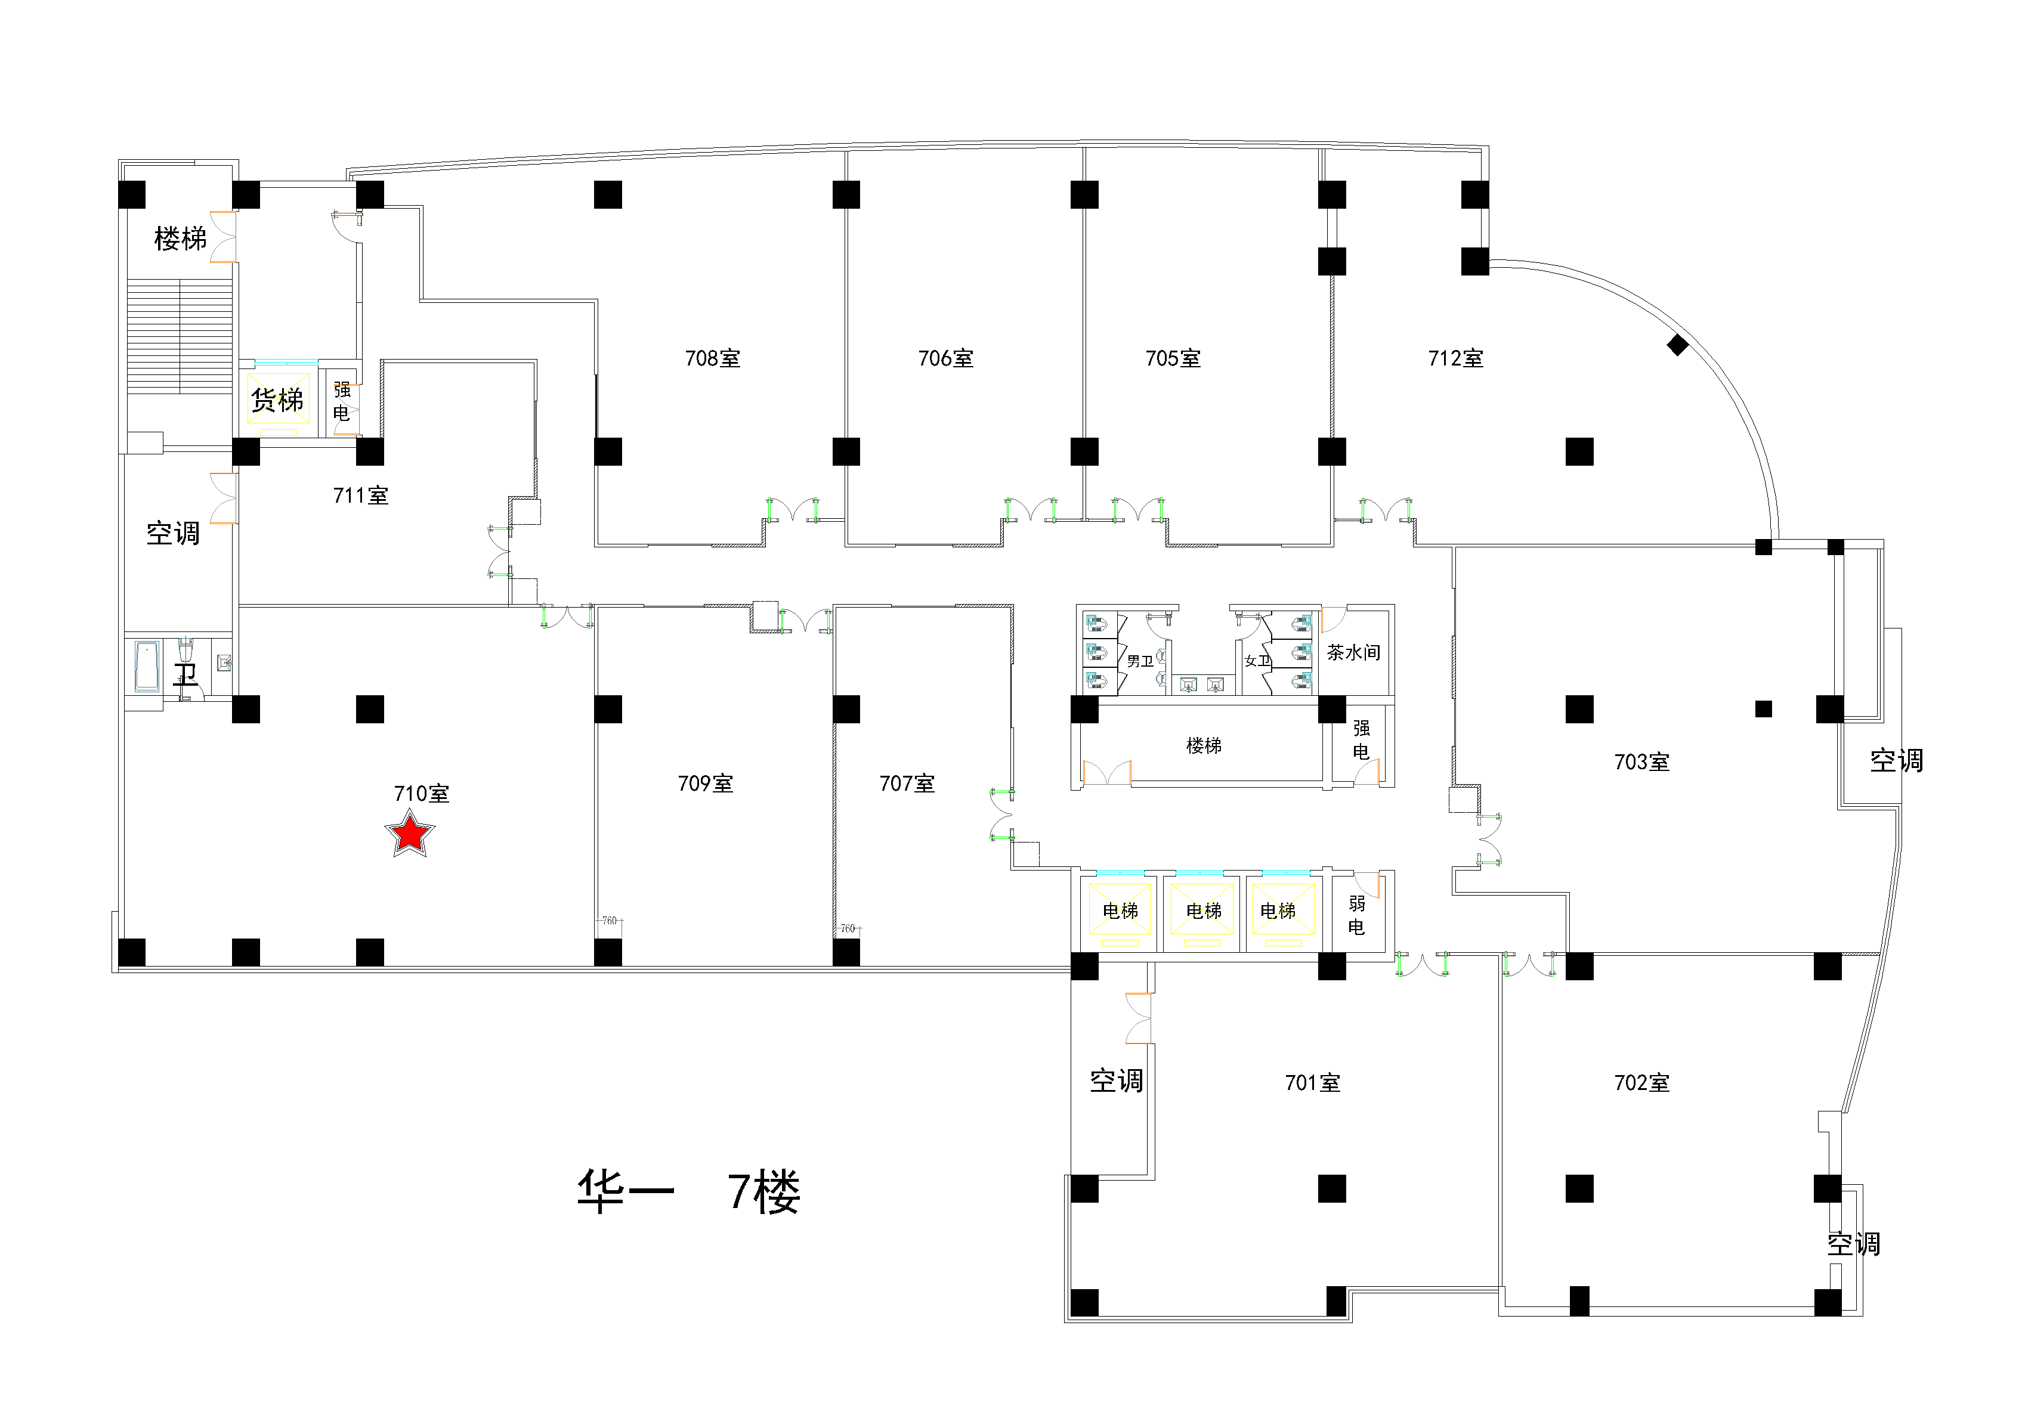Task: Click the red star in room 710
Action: (x=410, y=834)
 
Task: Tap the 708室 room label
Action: (x=712, y=358)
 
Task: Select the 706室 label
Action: (x=946, y=358)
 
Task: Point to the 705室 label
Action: (x=1173, y=358)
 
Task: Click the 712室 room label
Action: (x=1456, y=358)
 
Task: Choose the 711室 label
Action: (x=360, y=496)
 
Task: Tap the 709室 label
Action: (x=706, y=783)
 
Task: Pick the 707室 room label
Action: (x=907, y=783)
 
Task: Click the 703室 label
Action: (x=1641, y=761)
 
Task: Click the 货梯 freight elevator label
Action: (x=277, y=401)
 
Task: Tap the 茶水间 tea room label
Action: (x=1353, y=652)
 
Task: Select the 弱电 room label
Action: (x=1356, y=915)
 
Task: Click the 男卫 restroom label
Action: (x=1140, y=661)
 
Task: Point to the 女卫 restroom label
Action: (x=1257, y=661)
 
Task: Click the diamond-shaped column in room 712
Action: (x=1678, y=345)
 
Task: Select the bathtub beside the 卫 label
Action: (x=147, y=666)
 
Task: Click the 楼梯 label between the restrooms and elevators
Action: (x=1204, y=746)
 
